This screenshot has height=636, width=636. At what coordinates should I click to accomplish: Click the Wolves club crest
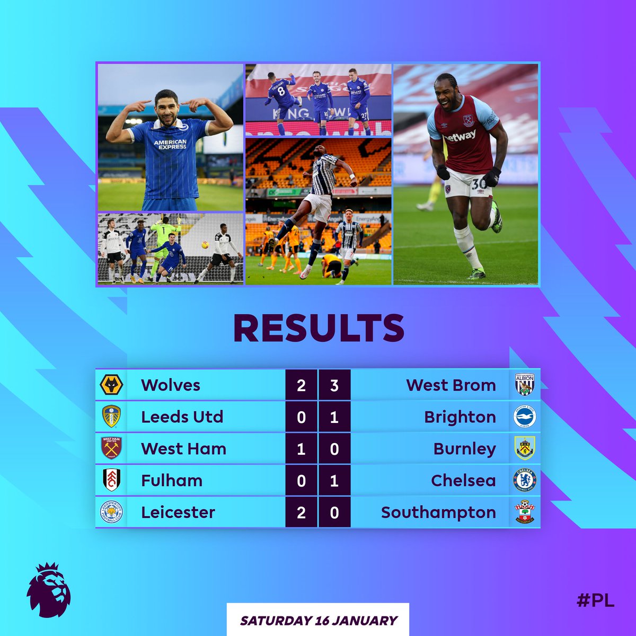(111, 385)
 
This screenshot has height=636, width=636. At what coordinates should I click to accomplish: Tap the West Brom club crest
(525, 385)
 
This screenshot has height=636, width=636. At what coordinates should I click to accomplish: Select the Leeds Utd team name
(182, 417)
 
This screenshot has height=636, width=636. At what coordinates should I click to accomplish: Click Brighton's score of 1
(334, 417)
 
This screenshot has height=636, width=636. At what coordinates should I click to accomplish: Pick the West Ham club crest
(111, 448)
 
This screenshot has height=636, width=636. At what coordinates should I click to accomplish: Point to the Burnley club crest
(525, 448)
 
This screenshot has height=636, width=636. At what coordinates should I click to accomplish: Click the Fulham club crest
(111, 480)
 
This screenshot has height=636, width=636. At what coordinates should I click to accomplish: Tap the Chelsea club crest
(525, 480)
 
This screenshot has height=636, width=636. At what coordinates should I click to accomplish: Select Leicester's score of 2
(301, 513)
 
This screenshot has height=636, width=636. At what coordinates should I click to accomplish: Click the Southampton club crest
(525, 512)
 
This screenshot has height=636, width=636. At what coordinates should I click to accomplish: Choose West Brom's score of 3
(334, 385)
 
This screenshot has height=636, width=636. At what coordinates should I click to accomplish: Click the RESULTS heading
(319, 328)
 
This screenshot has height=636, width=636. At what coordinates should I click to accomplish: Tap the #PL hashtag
(595, 600)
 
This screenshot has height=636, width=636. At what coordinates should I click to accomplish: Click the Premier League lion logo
(49, 589)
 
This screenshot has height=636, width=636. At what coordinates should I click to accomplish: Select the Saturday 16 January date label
(319, 620)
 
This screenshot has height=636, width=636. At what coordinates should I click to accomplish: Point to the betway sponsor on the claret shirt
(460, 137)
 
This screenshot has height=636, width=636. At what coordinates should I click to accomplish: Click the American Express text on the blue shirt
(170, 144)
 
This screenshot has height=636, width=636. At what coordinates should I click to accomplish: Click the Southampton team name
(438, 513)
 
